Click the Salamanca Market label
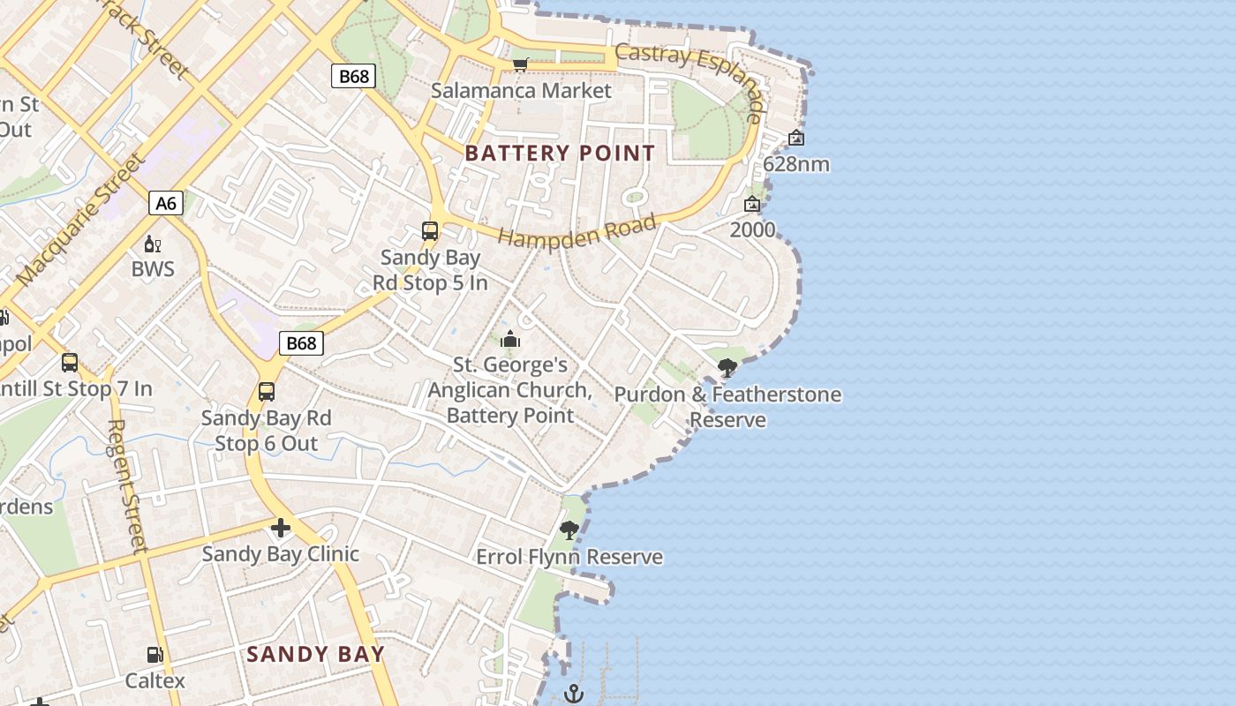click(521, 91)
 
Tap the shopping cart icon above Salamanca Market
click(521, 64)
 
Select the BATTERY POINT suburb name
click(560, 153)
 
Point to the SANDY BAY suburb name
click(315, 654)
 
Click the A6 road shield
click(166, 204)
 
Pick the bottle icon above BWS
click(153, 244)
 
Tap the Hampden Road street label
click(578, 230)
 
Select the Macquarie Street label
click(80, 221)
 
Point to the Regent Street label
click(126, 485)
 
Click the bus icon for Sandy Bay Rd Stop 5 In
click(430, 231)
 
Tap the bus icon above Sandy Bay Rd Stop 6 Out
click(267, 391)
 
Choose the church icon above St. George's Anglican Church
click(510, 340)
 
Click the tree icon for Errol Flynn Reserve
click(569, 530)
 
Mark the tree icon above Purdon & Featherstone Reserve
click(727, 368)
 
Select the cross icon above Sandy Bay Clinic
click(281, 528)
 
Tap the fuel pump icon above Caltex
click(155, 655)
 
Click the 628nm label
click(796, 164)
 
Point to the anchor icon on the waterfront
click(574, 694)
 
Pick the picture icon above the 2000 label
click(752, 204)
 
